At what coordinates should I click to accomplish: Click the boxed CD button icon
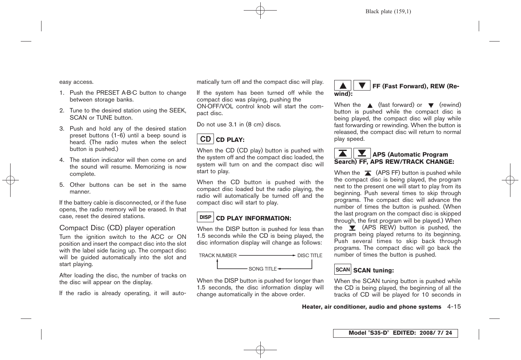coord(205,139)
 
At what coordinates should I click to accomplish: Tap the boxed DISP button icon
coord(205,217)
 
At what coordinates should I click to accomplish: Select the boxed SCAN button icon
coord(343,269)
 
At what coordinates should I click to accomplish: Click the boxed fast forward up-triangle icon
coord(343,86)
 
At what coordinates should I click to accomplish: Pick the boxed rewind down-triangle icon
coord(362,86)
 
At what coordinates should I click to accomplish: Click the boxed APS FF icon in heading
coord(343,153)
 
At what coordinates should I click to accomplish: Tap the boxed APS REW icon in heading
coord(362,153)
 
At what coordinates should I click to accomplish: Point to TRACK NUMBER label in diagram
coord(218,255)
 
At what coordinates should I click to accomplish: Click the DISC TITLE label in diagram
coord(310,255)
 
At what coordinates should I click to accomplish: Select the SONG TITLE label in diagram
coord(263,269)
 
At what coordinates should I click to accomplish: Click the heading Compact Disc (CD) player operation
coord(117,228)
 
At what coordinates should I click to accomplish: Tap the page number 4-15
coord(454,307)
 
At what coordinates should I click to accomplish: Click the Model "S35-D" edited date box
coord(395,333)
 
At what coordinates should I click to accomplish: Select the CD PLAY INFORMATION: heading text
coord(254,218)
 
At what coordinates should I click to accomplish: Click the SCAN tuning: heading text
coord(373,271)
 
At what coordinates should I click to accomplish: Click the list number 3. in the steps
coord(62,129)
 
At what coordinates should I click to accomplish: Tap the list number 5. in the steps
coord(62,185)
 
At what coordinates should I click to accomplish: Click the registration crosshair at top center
coord(260,11)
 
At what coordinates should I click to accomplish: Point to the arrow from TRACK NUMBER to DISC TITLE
coord(267,255)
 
